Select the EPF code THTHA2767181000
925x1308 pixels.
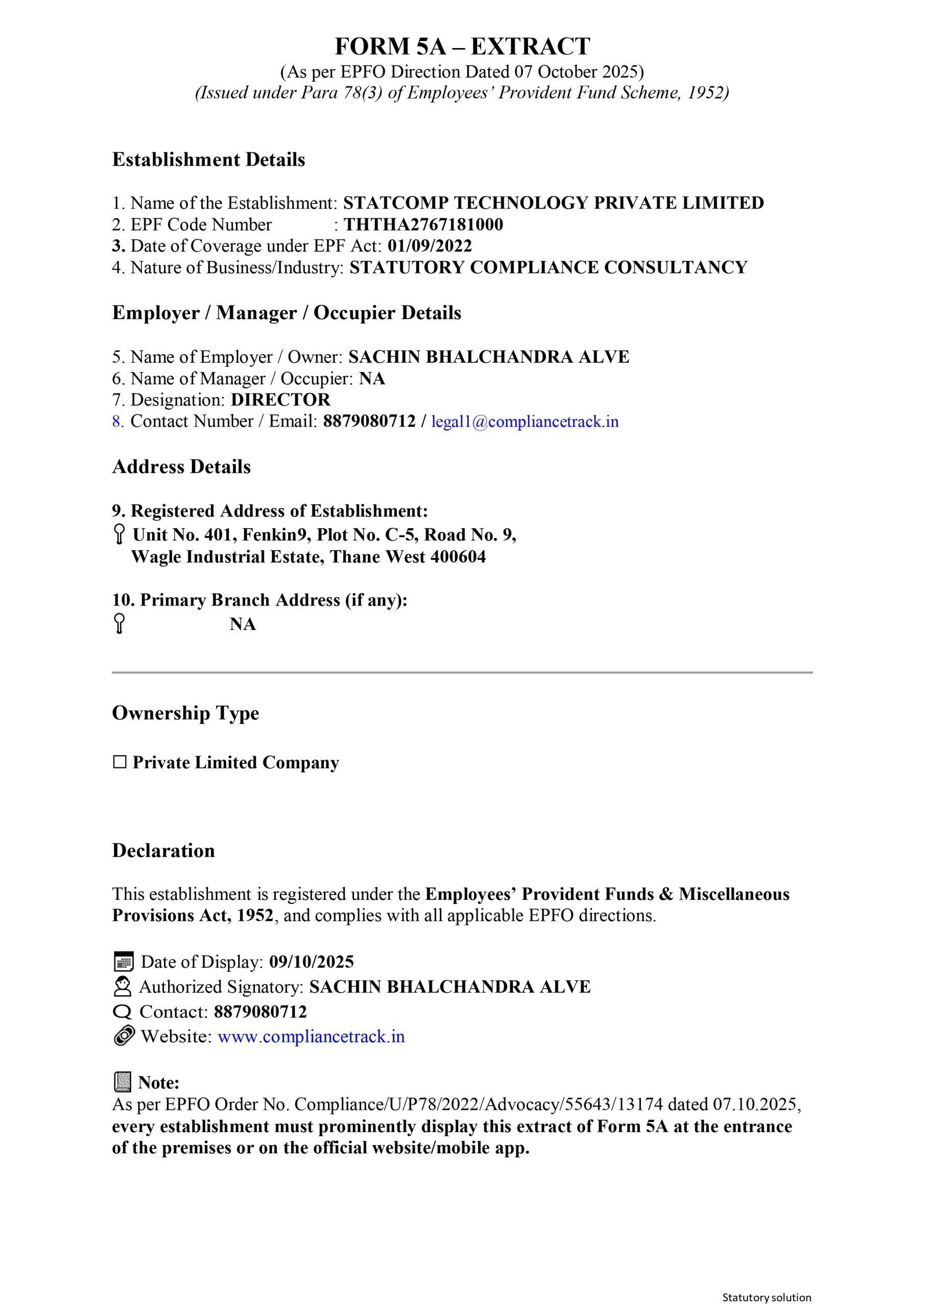[423, 224]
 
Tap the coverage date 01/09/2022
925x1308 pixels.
[430, 246]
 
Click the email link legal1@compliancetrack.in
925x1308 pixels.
[525, 422]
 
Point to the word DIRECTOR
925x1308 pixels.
[280, 400]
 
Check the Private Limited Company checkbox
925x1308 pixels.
[120, 762]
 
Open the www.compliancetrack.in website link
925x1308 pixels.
[311, 1036]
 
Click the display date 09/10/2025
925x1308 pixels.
[311, 962]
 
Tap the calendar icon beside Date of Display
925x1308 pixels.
[124, 962]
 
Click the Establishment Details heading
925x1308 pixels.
[208, 159]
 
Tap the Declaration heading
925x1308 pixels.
[163, 851]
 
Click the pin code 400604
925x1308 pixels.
[458, 556]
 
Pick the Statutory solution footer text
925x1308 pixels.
[767, 1297]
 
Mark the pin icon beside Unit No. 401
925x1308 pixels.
[119, 534]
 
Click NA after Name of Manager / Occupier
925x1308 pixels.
[372, 379]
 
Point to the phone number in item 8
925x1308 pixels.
[369, 422]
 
